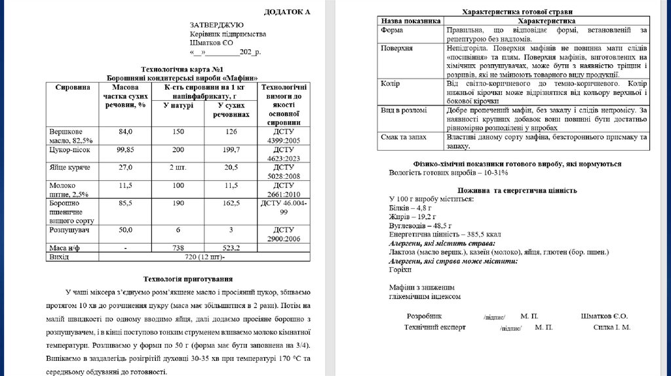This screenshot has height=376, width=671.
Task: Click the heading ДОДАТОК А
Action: (x=287, y=12)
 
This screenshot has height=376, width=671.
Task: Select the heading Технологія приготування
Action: (x=187, y=279)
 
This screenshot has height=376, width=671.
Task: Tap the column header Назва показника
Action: (x=411, y=21)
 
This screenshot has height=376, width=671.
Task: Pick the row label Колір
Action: (x=391, y=84)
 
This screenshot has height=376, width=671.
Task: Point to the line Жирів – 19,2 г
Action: (x=413, y=215)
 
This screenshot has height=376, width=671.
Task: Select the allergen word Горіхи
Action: (x=400, y=269)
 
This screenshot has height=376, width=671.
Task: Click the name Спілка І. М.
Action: (x=612, y=327)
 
